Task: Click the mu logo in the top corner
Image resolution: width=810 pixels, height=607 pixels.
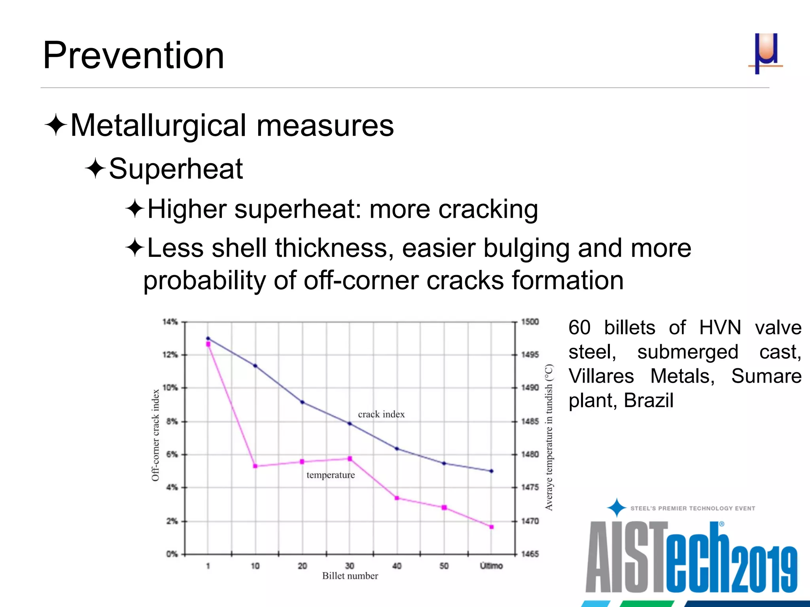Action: pos(766,53)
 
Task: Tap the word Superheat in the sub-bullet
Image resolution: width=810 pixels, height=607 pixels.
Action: pos(176,169)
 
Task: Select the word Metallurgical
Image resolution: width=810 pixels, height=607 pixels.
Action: pos(159,126)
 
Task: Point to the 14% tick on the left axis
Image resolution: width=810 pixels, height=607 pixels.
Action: pos(170,322)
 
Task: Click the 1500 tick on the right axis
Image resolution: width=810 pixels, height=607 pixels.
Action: pos(530,322)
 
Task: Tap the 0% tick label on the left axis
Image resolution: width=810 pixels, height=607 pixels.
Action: pos(172,554)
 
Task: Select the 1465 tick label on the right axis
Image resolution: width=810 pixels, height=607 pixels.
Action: pos(530,554)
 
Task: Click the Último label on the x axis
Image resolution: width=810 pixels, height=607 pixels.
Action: pos(491,566)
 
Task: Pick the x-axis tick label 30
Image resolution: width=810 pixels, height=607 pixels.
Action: pos(350,566)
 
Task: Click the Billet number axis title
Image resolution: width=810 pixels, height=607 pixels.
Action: pos(350,576)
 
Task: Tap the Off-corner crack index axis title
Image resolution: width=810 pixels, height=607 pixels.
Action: pos(155,435)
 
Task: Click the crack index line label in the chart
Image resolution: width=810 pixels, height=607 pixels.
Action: pos(381,414)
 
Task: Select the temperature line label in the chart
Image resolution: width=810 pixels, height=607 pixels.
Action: pos(331,475)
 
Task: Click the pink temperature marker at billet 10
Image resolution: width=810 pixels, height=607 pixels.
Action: pos(255,466)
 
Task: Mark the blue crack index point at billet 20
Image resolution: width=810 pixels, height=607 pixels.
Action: pos(302,402)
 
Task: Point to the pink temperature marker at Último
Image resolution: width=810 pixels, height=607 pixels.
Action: pos(492,527)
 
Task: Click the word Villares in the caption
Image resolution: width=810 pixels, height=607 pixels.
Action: pos(601,376)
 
